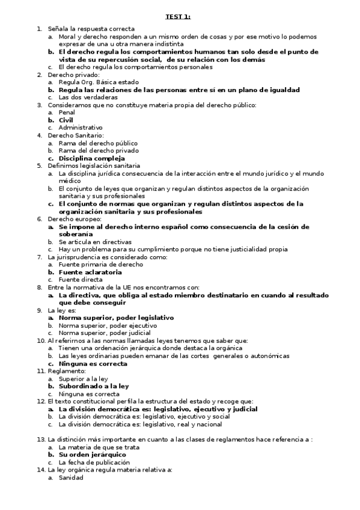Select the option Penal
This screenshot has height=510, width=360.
pyautogui.click(x=67, y=112)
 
